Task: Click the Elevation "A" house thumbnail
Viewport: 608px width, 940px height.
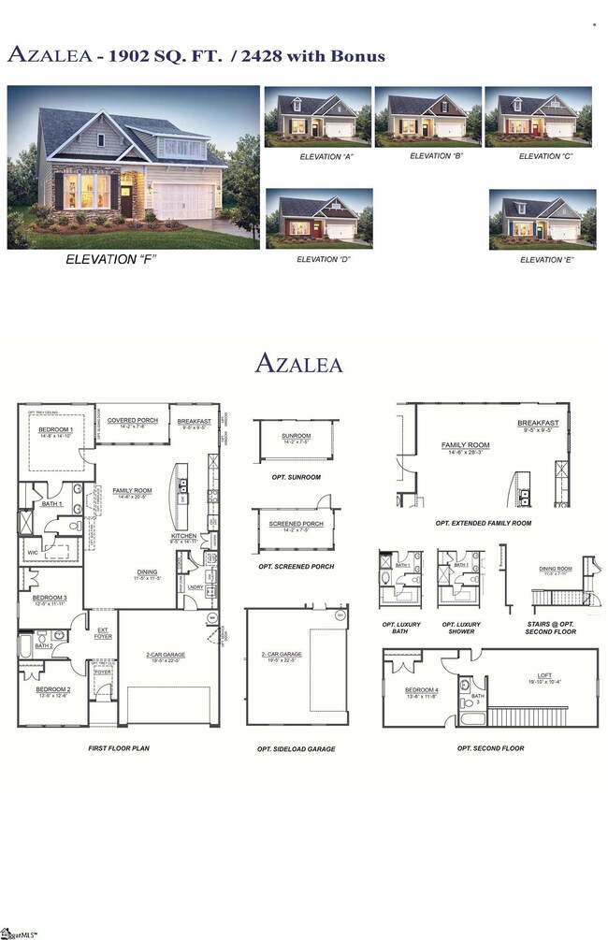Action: pyautogui.click(x=318, y=117)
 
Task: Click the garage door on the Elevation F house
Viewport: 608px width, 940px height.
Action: pyautogui.click(x=187, y=201)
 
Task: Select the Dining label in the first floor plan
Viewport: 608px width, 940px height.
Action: pyautogui.click(x=146, y=572)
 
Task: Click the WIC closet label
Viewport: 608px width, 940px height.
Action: pyautogui.click(x=34, y=553)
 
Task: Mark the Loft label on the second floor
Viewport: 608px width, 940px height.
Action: pyautogui.click(x=544, y=676)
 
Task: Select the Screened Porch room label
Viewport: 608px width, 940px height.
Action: pyautogui.click(x=296, y=524)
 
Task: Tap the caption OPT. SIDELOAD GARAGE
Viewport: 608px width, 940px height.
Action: pyautogui.click(x=296, y=749)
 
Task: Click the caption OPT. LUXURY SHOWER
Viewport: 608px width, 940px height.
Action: pyautogui.click(x=460, y=628)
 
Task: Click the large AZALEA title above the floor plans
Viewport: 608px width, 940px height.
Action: pyautogui.click(x=298, y=363)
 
